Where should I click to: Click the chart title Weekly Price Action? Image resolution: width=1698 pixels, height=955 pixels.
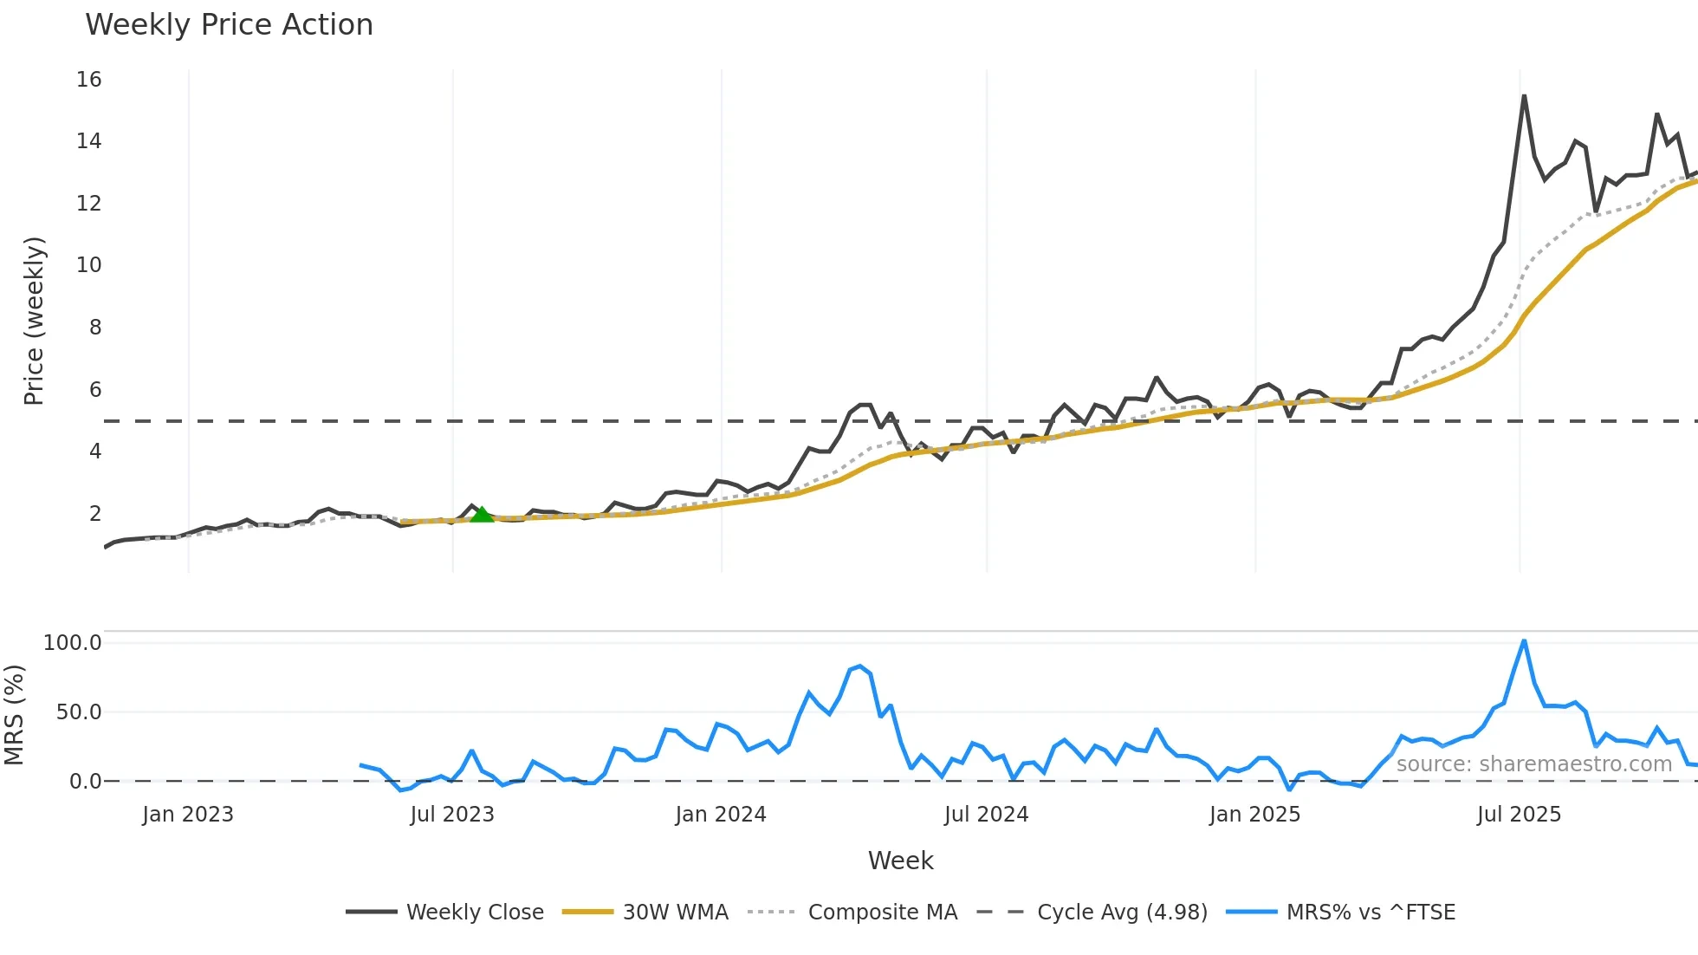(x=229, y=25)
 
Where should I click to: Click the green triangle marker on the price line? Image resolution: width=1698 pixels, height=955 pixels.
(x=482, y=514)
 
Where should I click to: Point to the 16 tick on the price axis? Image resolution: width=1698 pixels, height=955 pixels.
(x=88, y=80)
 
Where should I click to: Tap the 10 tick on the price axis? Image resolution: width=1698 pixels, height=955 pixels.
(x=88, y=265)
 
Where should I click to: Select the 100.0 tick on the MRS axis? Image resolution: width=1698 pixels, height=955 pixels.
(x=72, y=643)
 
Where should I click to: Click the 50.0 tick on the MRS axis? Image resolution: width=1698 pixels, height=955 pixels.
(x=78, y=712)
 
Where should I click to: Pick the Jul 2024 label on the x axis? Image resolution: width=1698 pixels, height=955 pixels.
(x=986, y=815)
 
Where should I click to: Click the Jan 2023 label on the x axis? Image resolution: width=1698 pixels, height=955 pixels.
(x=188, y=815)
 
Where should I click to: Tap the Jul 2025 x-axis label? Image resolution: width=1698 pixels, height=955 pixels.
(x=1519, y=815)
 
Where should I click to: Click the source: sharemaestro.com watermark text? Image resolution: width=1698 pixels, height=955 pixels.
(x=1533, y=764)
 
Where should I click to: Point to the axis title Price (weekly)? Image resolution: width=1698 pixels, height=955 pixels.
(x=33, y=321)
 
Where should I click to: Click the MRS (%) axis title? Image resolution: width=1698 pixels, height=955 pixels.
(x=14, y=715)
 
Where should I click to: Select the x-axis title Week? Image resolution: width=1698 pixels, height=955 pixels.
(x=900, y=861)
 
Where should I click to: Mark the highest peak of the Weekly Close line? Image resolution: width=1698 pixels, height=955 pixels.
(x=1524, y=96)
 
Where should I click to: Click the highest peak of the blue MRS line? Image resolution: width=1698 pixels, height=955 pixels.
(x=1524, y=641)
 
